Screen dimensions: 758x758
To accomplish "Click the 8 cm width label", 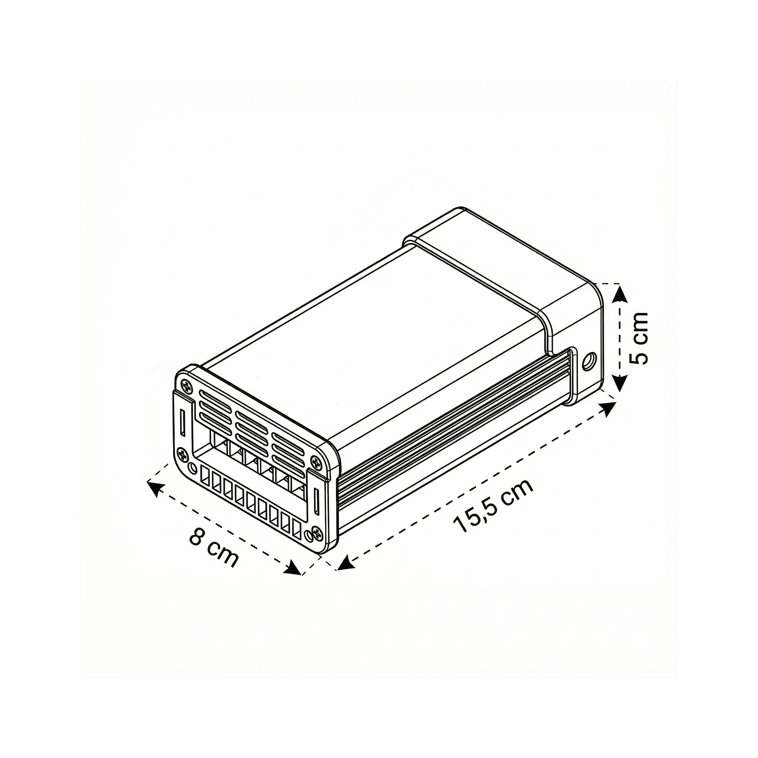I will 214,547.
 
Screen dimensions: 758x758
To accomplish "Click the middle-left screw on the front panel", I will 183,454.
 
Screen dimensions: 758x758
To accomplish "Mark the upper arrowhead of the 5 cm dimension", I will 618,290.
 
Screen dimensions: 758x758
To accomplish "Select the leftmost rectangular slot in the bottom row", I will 206,480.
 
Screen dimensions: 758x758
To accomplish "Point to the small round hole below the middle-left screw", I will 193,467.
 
